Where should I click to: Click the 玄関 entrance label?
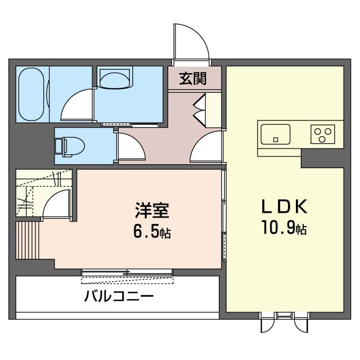click(x=192, y=79)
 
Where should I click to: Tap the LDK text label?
click(x=285, y=206)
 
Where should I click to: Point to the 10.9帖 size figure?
click(x=284, y=227)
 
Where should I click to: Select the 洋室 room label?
click(x=152, y=210)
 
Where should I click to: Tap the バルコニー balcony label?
click(x=119, y=296)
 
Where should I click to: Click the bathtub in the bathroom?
click(x=31, y=94)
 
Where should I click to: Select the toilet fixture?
click(x=70, y=147)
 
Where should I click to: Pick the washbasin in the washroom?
click(x=115, y=78)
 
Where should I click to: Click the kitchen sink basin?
click(x=276, y=134)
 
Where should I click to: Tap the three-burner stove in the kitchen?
click(x=322, y=134)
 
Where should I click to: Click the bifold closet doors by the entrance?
click(x=199, y=110)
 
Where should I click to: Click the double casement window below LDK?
click(x=285, y=322)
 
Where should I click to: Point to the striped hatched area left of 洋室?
click(x=28, y=240)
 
